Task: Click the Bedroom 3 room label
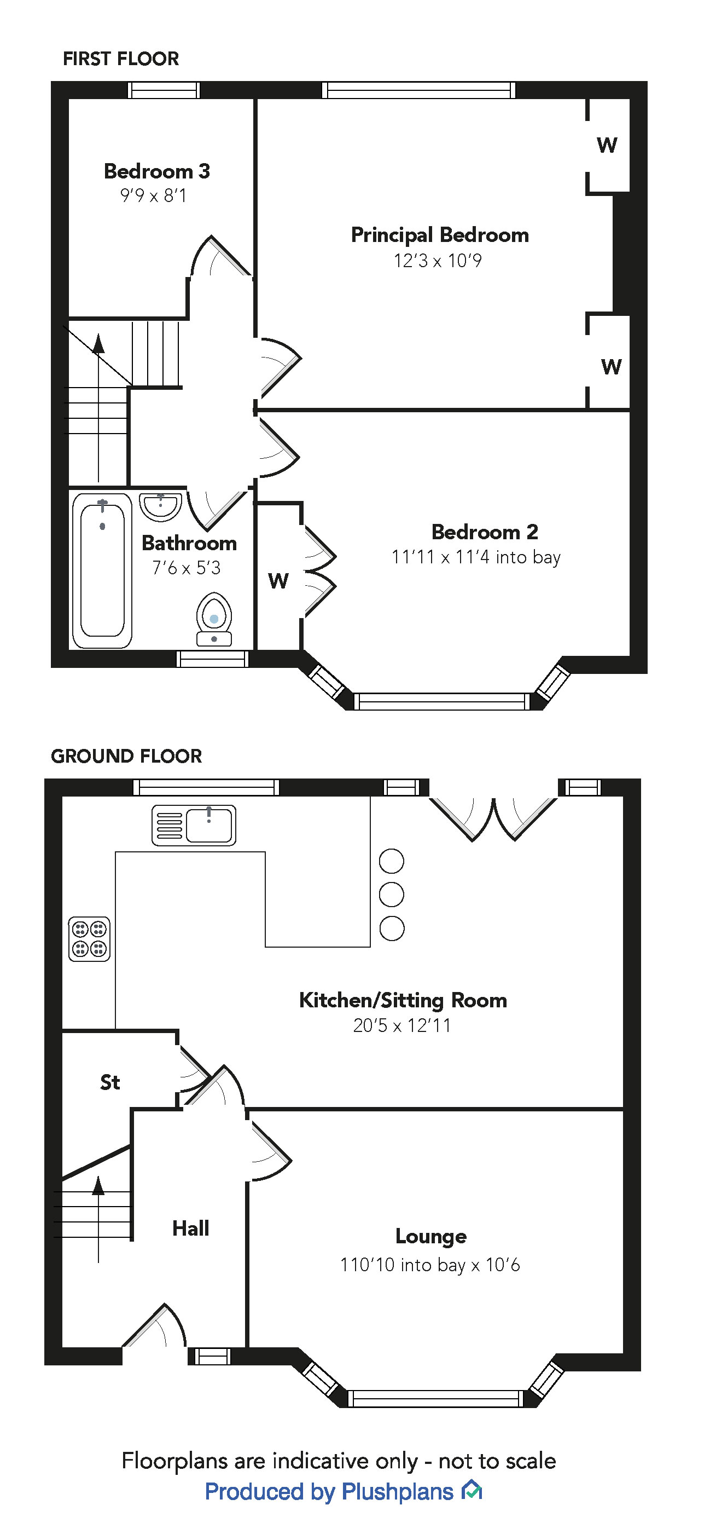click(156, 171)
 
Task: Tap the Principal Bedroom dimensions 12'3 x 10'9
click(438, 261)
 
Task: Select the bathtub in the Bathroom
click(102, 570)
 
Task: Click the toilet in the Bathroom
click(214, 619)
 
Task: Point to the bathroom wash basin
click(160, 507)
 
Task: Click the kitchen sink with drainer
click(194, 826)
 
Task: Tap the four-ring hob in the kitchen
click(89, 939)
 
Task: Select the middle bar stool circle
click(392, 895)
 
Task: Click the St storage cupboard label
click(110, 1082)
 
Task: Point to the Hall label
click(190, 1228)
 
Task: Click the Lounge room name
click(431, 1237)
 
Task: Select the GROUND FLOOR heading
click(126, 756)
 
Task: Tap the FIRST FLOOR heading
click(121, 59)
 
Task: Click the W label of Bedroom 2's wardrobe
click(278, 581)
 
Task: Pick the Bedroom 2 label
click(485, 532)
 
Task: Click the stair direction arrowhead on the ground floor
click(98, 1186)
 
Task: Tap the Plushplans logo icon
click(472, 1491)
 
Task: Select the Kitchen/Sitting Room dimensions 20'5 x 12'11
click(401, 1025)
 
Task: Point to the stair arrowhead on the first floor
click(98, 344)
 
